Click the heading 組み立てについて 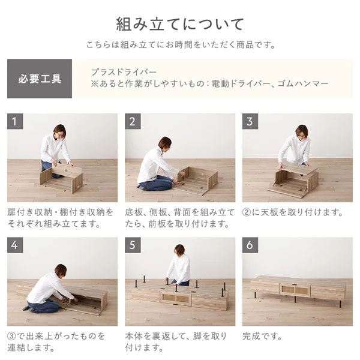(x=180, y=24)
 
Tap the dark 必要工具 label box (x=40, y=79)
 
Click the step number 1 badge (x=16, y=122)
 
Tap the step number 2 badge (x=134, y=122)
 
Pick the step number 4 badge (x=16, y=246)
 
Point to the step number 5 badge (x=134, y=246)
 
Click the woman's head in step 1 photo (x=59, y=130)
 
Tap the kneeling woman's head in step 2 (x=164, y=143)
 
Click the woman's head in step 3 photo (x=301, y=130)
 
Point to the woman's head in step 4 (x=61, y=271)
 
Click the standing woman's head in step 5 (x=179, y=250)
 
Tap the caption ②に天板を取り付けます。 (x=292, y=212)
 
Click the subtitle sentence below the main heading (x=180, y=44)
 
